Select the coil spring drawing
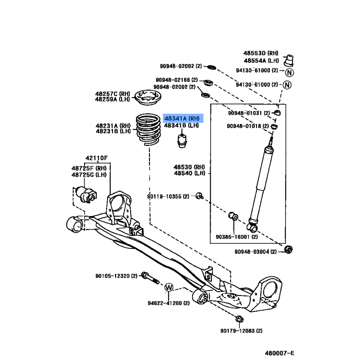coord(148,130)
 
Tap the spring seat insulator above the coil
coord(148,98)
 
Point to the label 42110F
coord(96,158)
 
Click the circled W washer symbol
coord(169,288)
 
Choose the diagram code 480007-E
coord(279,353)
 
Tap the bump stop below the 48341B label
coord(182,141)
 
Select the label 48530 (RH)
coord(189,167)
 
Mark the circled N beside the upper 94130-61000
coord(289,72)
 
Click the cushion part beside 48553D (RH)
coord(288,61)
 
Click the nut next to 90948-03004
coord(288,249)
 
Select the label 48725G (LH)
coord(89,175)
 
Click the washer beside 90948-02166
coord(208,82)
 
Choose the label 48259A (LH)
coord(112,99)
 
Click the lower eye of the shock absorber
coord(252,228)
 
